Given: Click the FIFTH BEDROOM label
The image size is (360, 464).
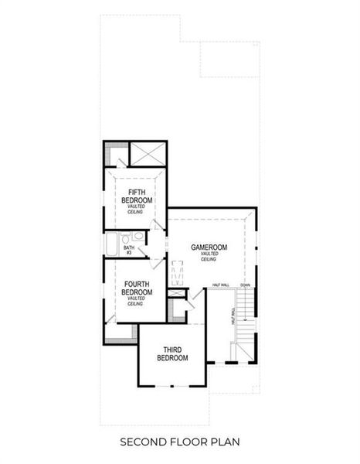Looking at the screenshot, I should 136,196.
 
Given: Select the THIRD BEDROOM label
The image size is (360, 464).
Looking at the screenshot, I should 172,353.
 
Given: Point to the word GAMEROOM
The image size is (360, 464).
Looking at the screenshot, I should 209,247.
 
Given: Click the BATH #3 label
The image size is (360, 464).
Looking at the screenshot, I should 128,250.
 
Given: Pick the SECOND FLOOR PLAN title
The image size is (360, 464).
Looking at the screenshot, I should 179,442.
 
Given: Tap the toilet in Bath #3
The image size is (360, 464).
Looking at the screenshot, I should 138,237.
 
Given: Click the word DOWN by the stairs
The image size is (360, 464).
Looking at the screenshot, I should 245,285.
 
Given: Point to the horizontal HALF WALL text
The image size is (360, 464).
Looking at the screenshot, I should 221,285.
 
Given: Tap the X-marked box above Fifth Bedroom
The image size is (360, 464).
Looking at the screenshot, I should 146,152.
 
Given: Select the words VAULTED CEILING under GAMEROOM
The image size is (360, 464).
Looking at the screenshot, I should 209,257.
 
